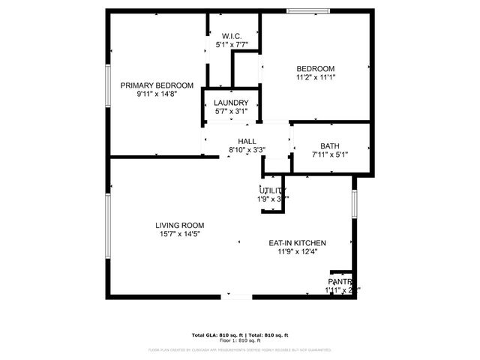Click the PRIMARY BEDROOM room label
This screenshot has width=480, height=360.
coord(157,85)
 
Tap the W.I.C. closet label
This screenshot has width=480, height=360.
coord(231,36)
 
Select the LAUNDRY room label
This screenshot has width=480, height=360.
coord(231,103)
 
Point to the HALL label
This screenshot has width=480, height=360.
coord(247,142)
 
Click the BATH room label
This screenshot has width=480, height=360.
coord(330,146)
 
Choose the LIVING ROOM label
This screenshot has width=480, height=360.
coord(179,225)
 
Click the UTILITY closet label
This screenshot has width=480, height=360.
coord(273,190)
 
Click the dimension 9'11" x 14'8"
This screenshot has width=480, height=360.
coord(157,94)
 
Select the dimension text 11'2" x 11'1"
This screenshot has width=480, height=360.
coord(315,76)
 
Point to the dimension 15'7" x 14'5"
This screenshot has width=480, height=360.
coord(179,234)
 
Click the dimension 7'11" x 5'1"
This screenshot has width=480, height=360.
coord(330,155)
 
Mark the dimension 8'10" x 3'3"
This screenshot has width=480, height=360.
coord(247,151)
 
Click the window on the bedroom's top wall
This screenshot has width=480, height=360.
coord(308,10)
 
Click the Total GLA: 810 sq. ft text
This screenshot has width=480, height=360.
coord(215,334)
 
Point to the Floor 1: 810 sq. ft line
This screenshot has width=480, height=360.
coord(240,340)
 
